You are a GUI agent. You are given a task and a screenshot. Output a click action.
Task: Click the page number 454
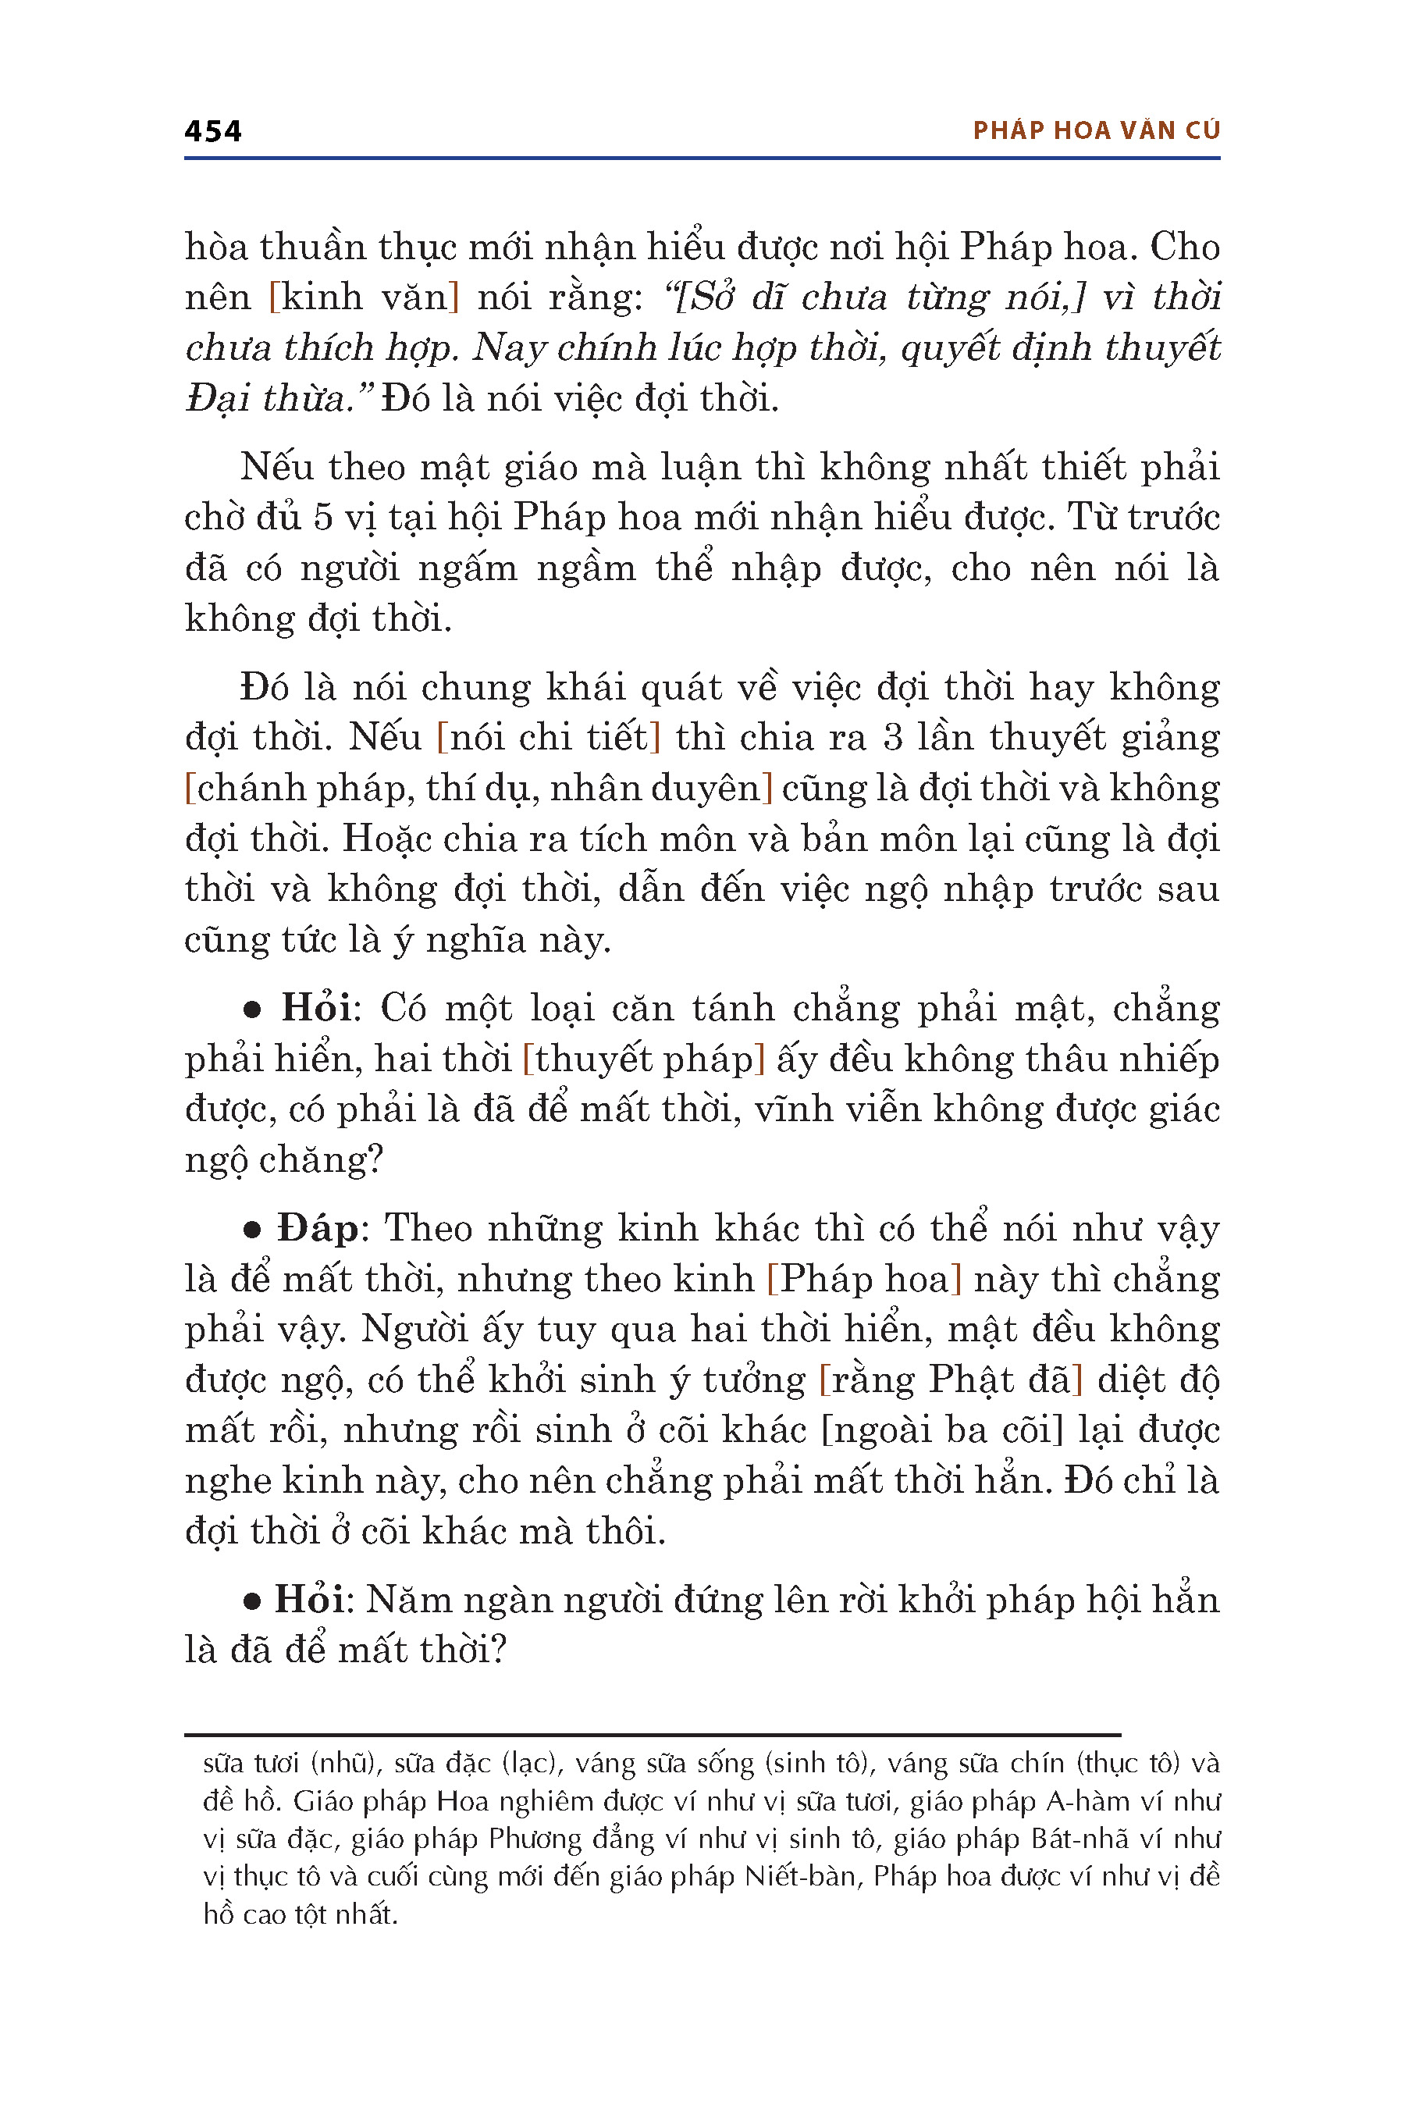click(212, 132)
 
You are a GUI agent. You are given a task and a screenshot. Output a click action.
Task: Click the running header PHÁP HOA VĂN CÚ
click(1096, 131)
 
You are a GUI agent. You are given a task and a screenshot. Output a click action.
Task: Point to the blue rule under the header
click(702, 158)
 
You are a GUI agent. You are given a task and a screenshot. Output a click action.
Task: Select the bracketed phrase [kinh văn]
click(364, 297)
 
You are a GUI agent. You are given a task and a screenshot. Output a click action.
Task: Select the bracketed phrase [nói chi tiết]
click(549, 737)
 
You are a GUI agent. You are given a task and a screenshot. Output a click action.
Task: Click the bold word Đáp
click(317, 1228)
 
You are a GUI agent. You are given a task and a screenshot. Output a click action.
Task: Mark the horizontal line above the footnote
click(653, 1735)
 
